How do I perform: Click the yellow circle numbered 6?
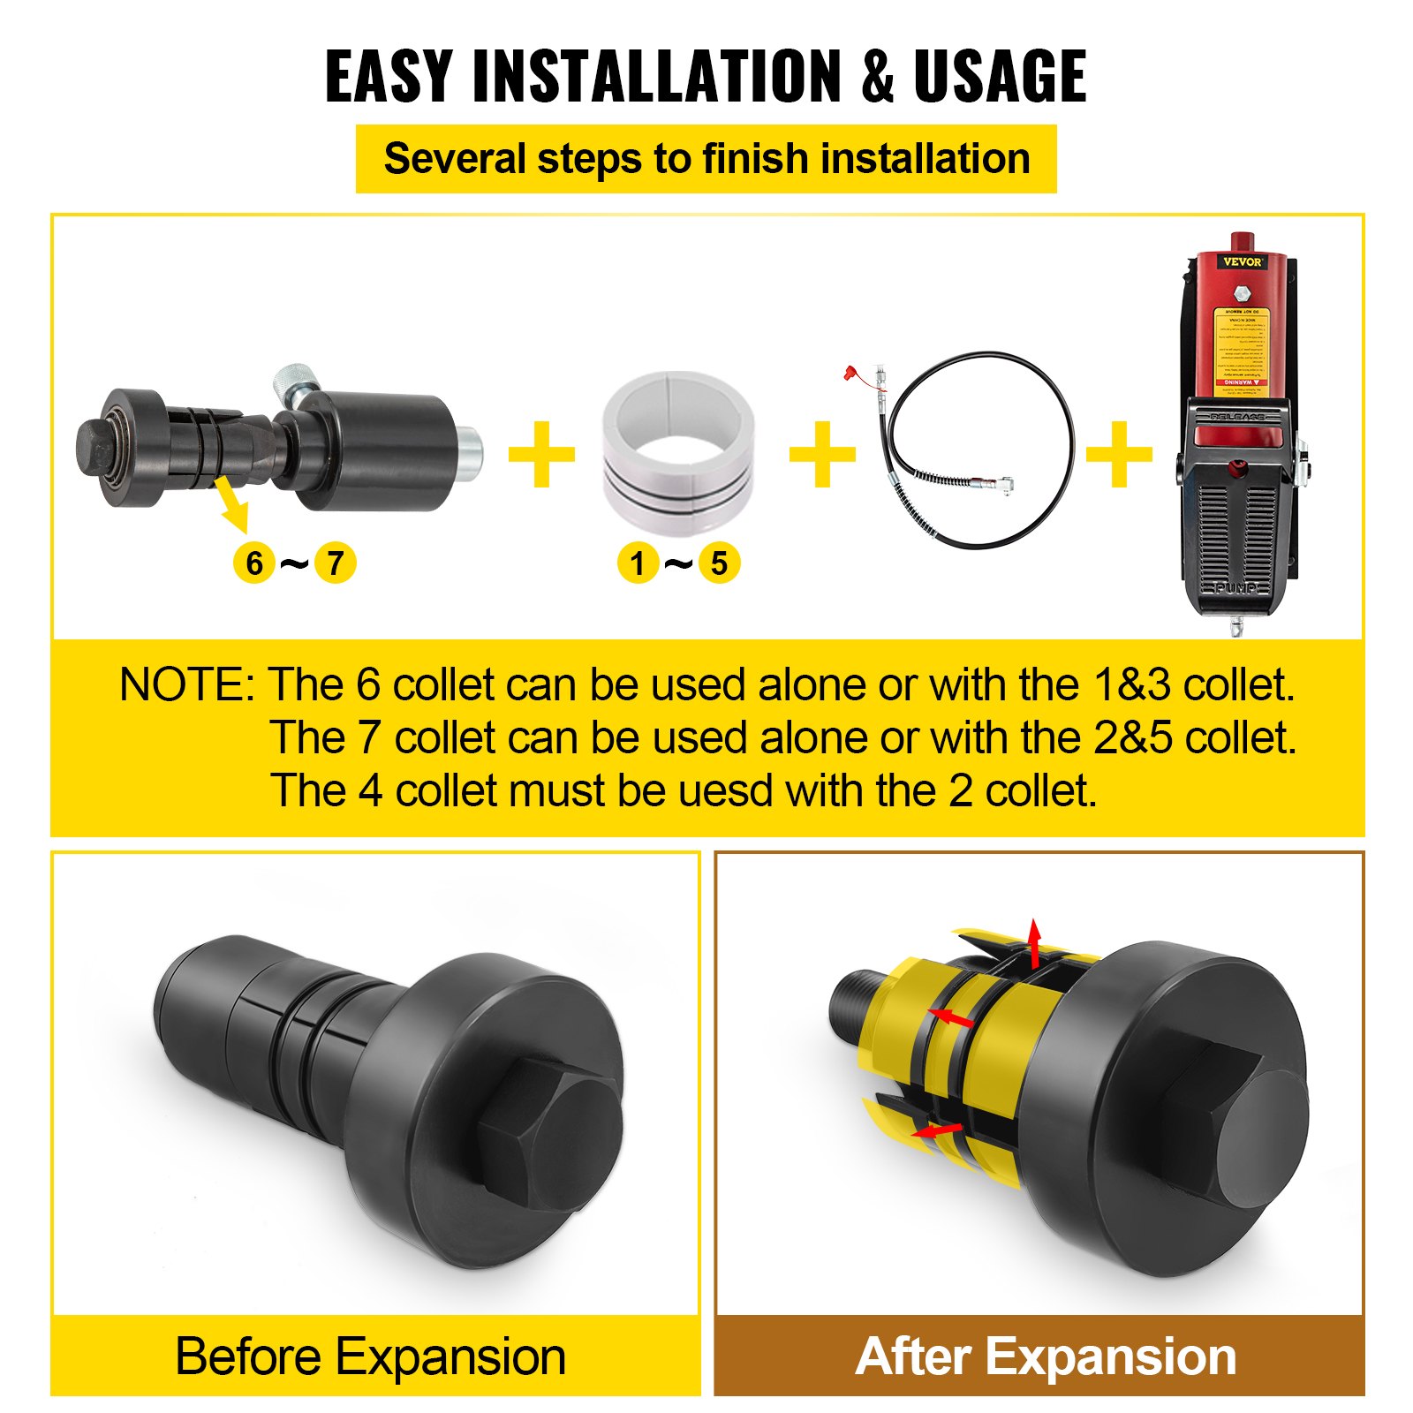[x=254, y=563]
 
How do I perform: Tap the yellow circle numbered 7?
[x=335, y=563]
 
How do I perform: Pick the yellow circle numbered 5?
[x=719, y=563]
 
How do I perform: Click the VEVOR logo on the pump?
[x=1242, y=261]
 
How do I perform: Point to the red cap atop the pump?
[x=1243, y=241]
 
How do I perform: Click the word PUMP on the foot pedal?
[x=1236, y=588]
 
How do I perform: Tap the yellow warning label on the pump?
[x=1241, y=346]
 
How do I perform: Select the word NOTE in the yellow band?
[x=183, y=685]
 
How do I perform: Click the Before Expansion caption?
[x=371, y=1356]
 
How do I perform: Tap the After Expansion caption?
[x=1046, y=1356]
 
